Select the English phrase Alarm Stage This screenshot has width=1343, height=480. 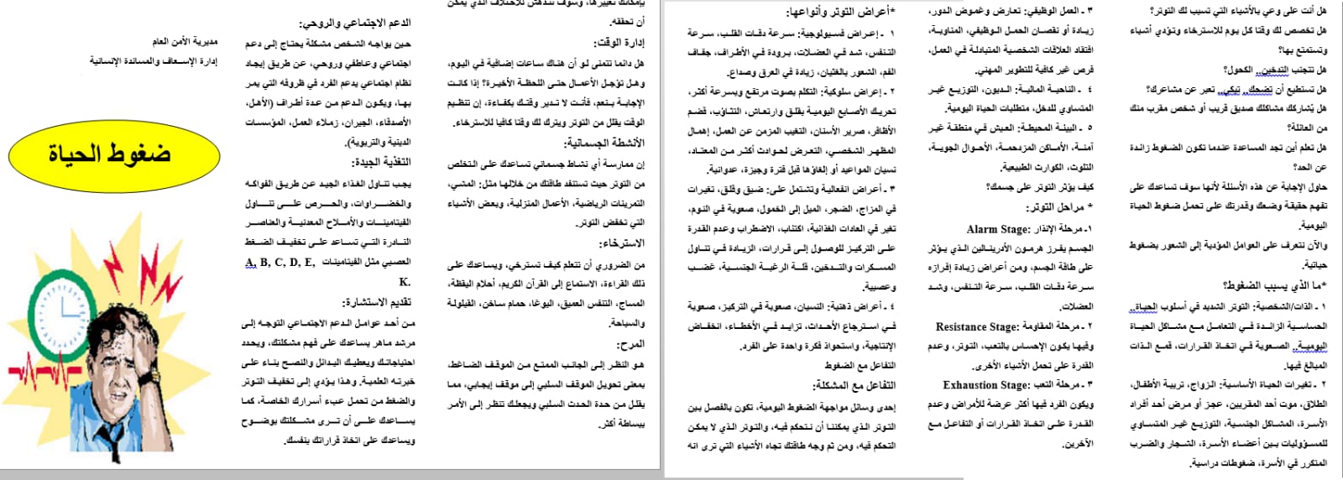tap(998, 229)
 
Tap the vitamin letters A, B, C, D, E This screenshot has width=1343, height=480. tap(280, 263)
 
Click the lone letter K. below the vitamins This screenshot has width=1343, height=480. tap(405, 282)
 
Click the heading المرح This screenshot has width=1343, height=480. tap(630, 344)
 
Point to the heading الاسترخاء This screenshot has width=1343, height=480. tap(623, 243)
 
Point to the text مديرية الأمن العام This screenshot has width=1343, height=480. tap(185, 41)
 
